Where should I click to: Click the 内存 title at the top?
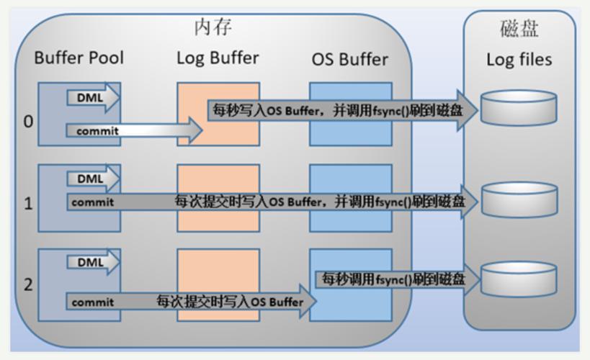click(x=213, y=27)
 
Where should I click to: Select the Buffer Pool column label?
click(x=79, y=58)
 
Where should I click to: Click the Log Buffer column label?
click(x=218, y=58)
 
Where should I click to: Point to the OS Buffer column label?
click(x=349, y=58)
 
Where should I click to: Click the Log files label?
click(x=519, y=59)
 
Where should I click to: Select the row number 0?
click(x=28, y=121)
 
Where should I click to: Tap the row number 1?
click(x=28, y=204)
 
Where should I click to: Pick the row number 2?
click(x=28, y=284)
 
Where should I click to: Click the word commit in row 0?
click(x=97, y=131)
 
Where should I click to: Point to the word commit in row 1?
click(x=93, y=202)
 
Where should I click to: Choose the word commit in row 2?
click(x=93, y=302)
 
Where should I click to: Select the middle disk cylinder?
click(x=519, y=199)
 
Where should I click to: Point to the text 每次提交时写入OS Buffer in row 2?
click(x=230, y=302)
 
